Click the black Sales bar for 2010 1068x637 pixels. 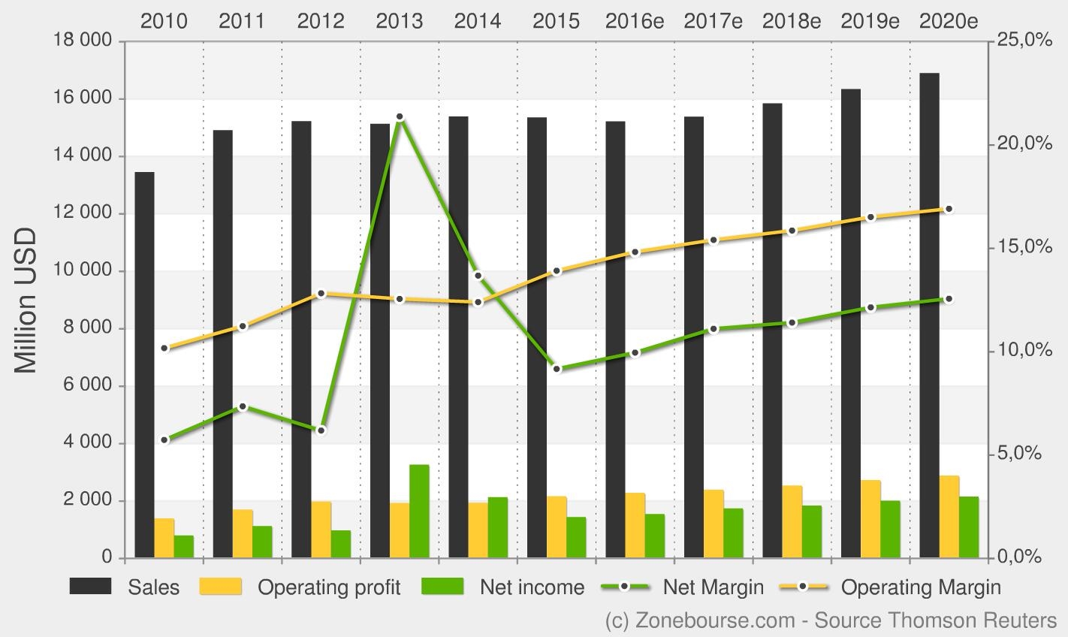[144, 365]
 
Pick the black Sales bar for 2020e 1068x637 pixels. [929, 315]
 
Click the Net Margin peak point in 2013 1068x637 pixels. [400, 117]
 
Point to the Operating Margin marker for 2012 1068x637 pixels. [321, 294]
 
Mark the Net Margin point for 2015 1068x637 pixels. [557, 369]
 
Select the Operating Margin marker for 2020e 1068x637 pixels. [949, 209]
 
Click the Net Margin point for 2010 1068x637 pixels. [164, 440]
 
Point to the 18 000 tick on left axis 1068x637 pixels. [83, 41]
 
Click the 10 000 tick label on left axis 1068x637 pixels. [83, 270]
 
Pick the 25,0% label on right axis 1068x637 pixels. [1024, 41]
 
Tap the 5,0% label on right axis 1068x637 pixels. [1020, 454]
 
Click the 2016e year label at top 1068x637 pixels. [635, 21]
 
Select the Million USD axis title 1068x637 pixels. [26, 300]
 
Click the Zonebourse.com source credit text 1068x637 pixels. [831, 620]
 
